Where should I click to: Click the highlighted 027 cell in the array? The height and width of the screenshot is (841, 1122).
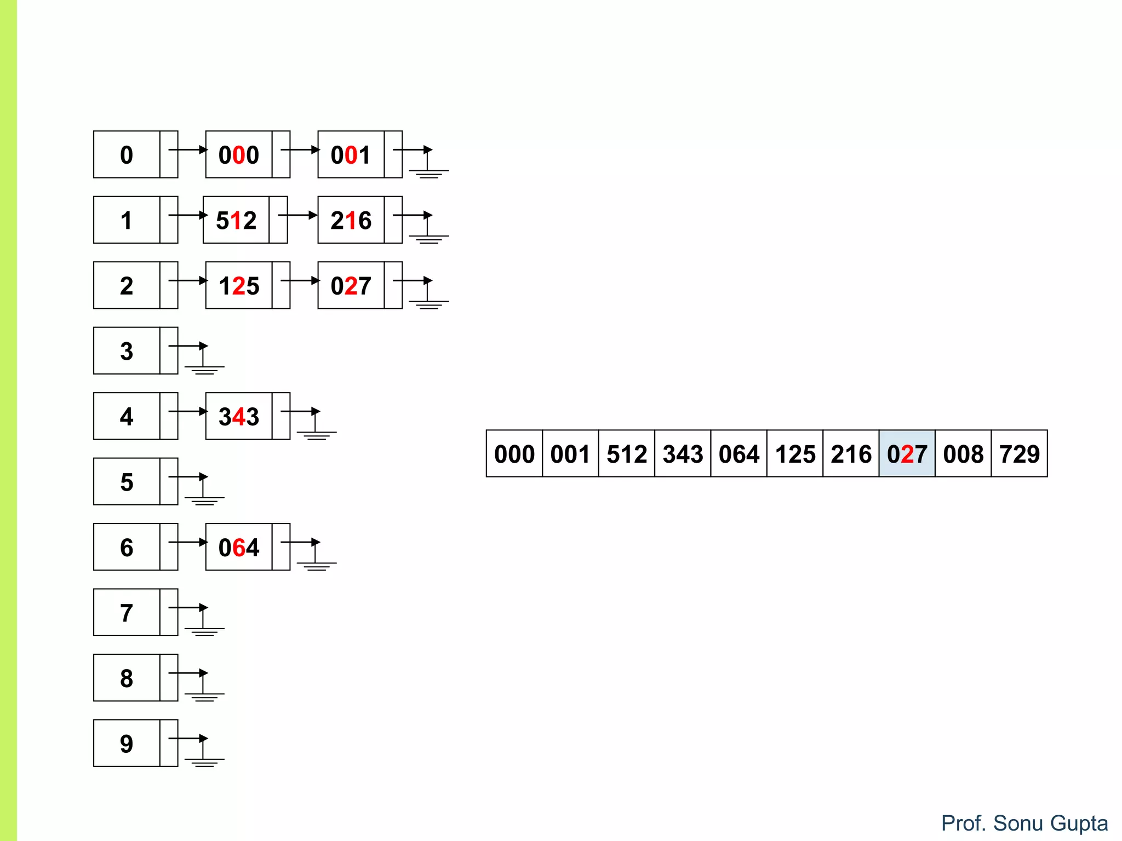tap(907, 454)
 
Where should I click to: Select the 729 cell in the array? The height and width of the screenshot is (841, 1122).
tap(1019, 454)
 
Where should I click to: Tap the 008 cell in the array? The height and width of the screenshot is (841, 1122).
tap(963, 454)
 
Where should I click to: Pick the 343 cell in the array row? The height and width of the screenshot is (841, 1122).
tap(683, 454)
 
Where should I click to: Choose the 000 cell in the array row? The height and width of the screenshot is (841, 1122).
tap(514, 454)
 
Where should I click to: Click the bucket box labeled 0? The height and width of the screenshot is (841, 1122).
tap(127, 155)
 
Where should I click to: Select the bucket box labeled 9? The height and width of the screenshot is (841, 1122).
tap(127, 743)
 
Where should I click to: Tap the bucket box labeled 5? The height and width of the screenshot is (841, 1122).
tap(127, 482)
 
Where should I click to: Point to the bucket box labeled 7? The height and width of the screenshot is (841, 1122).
tap(127, 613)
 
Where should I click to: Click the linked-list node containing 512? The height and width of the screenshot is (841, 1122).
tap(237, 220)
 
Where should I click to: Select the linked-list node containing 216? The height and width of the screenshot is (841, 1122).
tap(351, 220)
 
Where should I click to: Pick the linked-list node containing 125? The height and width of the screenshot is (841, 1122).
tap(239, 285)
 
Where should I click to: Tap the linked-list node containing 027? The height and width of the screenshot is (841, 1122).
tap(351, 285)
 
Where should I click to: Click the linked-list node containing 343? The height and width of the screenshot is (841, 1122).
tap(239, 416)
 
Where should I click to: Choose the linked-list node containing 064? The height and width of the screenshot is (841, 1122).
tap(239, 547)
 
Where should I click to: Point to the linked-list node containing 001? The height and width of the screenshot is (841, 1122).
tap(351, 155)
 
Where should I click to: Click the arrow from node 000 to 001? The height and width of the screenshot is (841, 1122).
tap(300, 149)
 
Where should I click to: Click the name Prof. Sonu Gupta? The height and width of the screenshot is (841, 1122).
tap(1024, 823)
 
